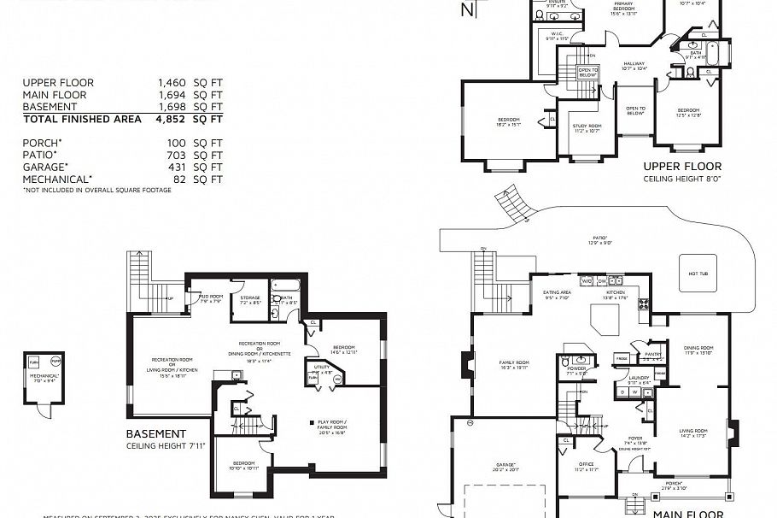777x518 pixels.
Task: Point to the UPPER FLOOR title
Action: coord(682,167)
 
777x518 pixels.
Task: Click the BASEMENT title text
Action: coord(155,434)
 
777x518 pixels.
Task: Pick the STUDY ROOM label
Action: coord(587,128)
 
